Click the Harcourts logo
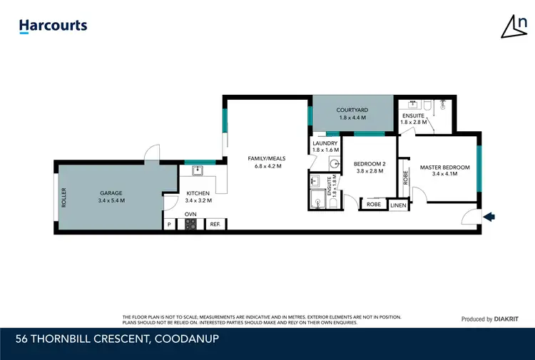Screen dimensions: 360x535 click(53, 26)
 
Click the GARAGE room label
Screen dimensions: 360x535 click(111, 192)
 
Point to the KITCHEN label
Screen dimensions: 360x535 click(198, 193)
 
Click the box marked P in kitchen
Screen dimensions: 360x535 click(170, 225)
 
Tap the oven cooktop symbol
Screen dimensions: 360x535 click(190, 225)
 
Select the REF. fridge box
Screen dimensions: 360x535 click(214, 225)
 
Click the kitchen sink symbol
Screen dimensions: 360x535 click(199, 170)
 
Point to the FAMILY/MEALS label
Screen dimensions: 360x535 click(264, 158)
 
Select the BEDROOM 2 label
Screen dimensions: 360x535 click(369, 164)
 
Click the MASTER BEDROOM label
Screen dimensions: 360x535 click(444, 168)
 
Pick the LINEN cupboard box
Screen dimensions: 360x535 click(398, 205)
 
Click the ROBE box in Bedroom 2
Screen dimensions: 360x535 click(373, 205)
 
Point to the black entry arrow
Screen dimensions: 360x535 click(489, 216)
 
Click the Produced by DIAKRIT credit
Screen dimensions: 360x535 click(492, 319)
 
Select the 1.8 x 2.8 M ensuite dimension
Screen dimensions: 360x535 click(414, 122)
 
